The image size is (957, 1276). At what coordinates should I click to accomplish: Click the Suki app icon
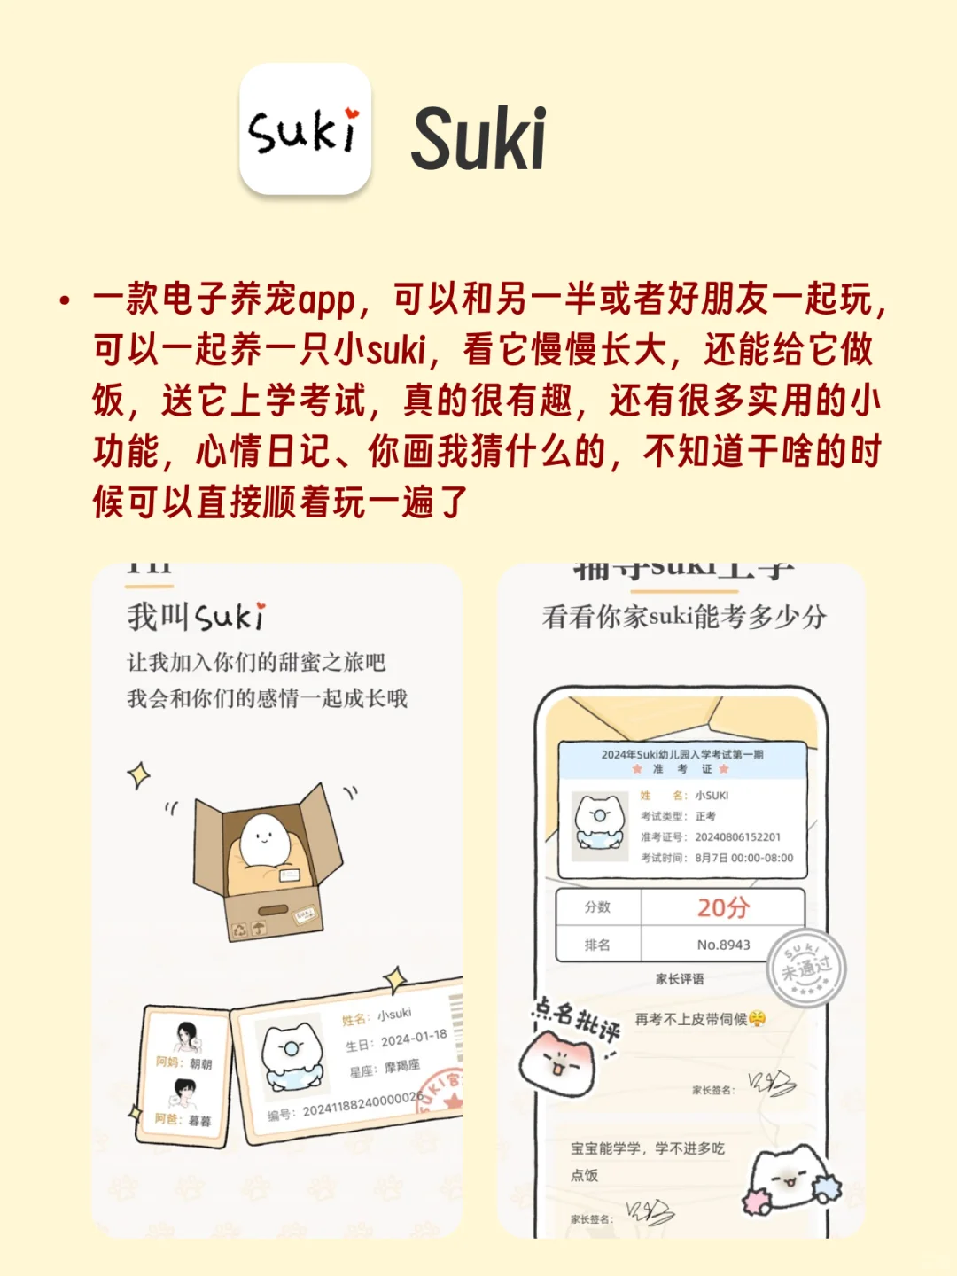point(305,129)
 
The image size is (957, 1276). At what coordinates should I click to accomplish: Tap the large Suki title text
point(478,139)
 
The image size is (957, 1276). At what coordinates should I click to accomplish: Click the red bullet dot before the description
point(64,300)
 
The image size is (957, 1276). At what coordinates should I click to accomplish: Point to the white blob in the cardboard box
point(261,837)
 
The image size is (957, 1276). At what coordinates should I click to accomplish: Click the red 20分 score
point(723,907)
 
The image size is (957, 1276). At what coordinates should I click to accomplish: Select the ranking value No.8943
point(723,945)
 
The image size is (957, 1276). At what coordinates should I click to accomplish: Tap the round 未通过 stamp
point(805,969)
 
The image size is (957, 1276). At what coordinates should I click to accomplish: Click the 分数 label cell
point(598,907)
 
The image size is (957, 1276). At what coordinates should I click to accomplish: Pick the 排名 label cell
point(598,945)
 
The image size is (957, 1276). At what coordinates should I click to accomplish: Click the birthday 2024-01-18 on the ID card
point(414,1038)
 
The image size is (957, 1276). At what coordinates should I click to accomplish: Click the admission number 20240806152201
point(737,836)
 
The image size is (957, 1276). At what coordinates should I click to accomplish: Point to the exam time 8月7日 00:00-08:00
point(743,858)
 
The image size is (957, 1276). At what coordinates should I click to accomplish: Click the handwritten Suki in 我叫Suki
point(229,616)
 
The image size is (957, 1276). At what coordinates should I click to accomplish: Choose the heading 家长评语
point(680,979)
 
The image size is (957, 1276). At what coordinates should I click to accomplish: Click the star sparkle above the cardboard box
point(138,775)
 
